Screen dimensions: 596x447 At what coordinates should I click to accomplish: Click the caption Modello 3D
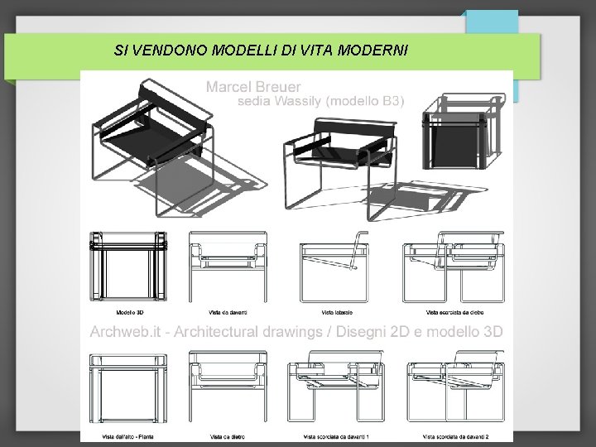coord(129,312)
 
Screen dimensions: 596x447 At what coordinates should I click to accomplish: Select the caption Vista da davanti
coord(228,312)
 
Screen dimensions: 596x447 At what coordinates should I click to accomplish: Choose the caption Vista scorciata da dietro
coord(456,312)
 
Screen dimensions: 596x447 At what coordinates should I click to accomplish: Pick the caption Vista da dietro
coord(228,436)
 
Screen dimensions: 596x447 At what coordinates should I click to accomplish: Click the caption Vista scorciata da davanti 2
coord(456,436)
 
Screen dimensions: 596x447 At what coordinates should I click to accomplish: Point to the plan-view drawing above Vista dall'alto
coord(128,389)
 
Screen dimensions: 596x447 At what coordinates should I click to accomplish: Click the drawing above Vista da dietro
coord(228,389)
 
